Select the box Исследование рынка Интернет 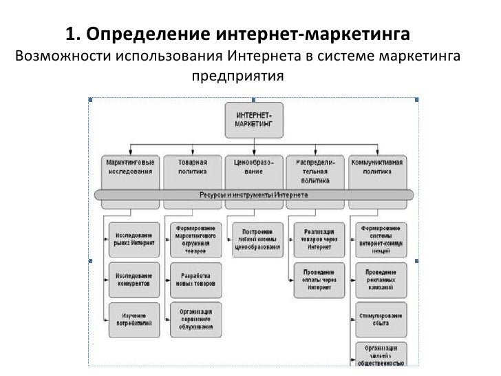coord(134,238)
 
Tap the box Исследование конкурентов coord(134,279)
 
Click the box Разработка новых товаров coord(195,279)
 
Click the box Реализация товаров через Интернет coord(319,238)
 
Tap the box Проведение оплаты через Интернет coord(319,279)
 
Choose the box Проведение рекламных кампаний coord(381,279)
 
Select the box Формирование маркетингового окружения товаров coord(195,238)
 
